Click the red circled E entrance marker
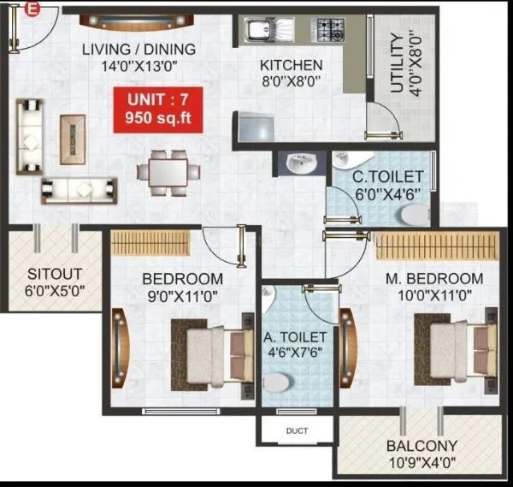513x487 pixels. click(32, 9)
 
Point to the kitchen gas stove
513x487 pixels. click(329, 32)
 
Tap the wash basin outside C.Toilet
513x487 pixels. click(299, 164)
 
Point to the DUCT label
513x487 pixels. click(297, 431)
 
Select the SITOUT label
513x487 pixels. click(54, 275)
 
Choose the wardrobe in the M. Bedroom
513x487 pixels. click(438, 246)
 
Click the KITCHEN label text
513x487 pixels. click(292, 65)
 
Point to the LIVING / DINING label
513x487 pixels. click(139, 49)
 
